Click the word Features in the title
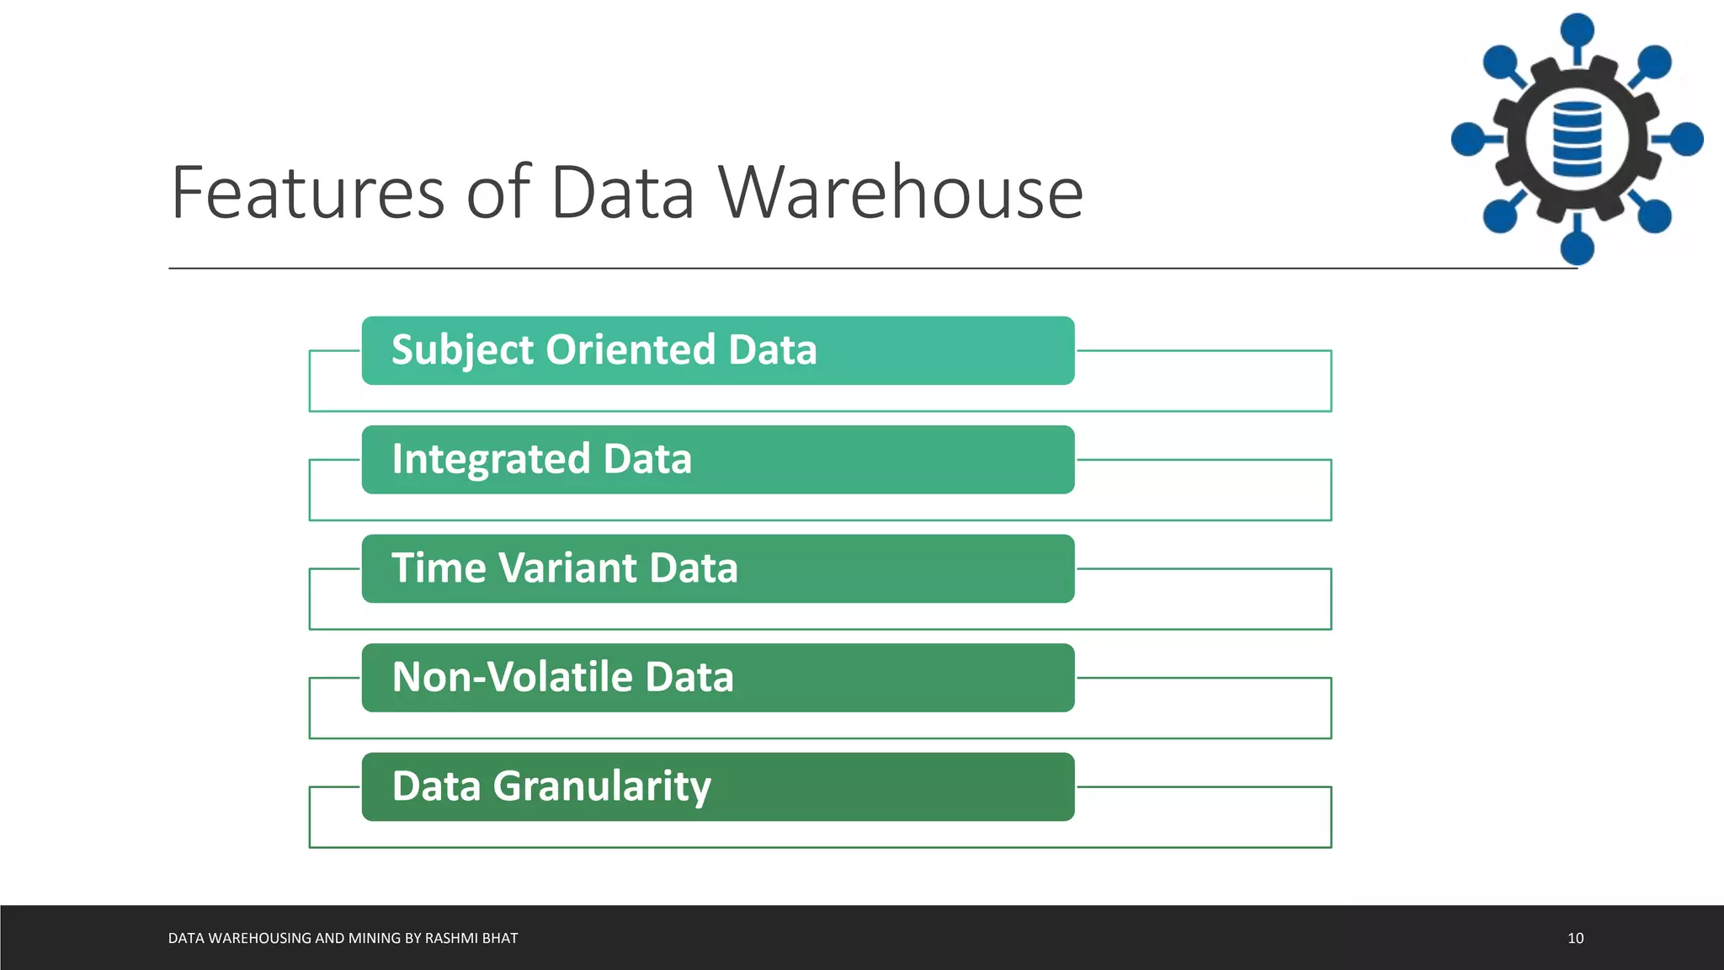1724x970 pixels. coord(307,194)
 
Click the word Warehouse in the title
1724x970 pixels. coord(901,194)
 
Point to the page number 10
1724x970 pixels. coord(1575,938)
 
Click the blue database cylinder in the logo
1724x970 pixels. coord(1577,139)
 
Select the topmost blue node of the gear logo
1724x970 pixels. coord(1577,30)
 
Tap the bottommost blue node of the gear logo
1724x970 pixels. coord(1577,248)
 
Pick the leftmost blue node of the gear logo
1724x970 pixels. coord(1468,139)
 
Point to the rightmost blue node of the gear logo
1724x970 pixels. coord(1686,139)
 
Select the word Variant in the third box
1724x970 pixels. coord(568,568)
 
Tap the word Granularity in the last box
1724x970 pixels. coord(601,786)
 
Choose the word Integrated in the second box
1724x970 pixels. coord(491,460)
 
